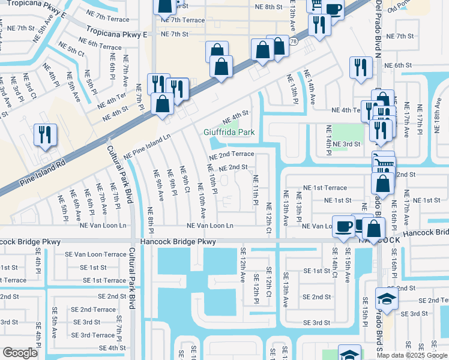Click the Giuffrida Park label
click(229, 132)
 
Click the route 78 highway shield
click(293, 42)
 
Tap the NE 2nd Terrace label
click(231, 154)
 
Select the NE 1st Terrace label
click(343, 188)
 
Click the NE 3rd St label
click(346, 144)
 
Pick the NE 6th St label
click(396, 65)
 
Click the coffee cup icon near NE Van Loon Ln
click(343, 226)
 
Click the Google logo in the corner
click(20, 353)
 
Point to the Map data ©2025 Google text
click(411, 355)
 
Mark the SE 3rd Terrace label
click(94, 335)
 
